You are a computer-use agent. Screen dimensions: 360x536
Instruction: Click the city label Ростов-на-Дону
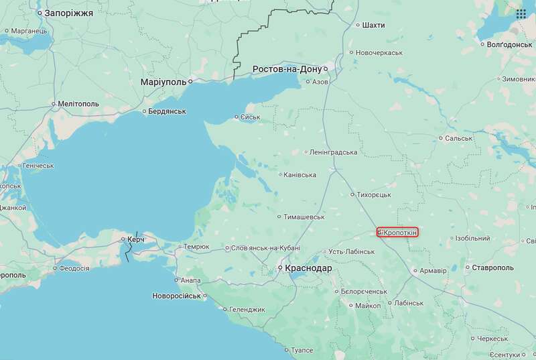[x=287, y=69]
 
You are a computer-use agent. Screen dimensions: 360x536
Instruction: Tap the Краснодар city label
[x=308, y=268]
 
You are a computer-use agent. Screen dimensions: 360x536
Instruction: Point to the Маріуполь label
[x=163, y=82]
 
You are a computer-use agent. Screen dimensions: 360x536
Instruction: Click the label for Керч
[x=136, y=239]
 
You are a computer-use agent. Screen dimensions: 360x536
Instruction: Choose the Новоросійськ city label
[x=176, y=296]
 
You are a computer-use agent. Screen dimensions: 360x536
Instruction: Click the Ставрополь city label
[x=492, y=268]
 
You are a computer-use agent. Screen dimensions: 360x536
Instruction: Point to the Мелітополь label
[x=78, y=104]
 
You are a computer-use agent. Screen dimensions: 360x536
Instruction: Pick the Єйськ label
[x=249, y=117]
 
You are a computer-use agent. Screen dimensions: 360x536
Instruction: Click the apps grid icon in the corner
[x=521, y=14]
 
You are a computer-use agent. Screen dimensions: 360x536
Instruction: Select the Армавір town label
[x=433, y=271]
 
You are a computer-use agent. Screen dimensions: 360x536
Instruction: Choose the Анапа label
[x=190, y=280]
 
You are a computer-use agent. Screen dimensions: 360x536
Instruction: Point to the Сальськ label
[x=459, y=139]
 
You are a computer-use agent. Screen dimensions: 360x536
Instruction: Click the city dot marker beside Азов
[x=308, y=82]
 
